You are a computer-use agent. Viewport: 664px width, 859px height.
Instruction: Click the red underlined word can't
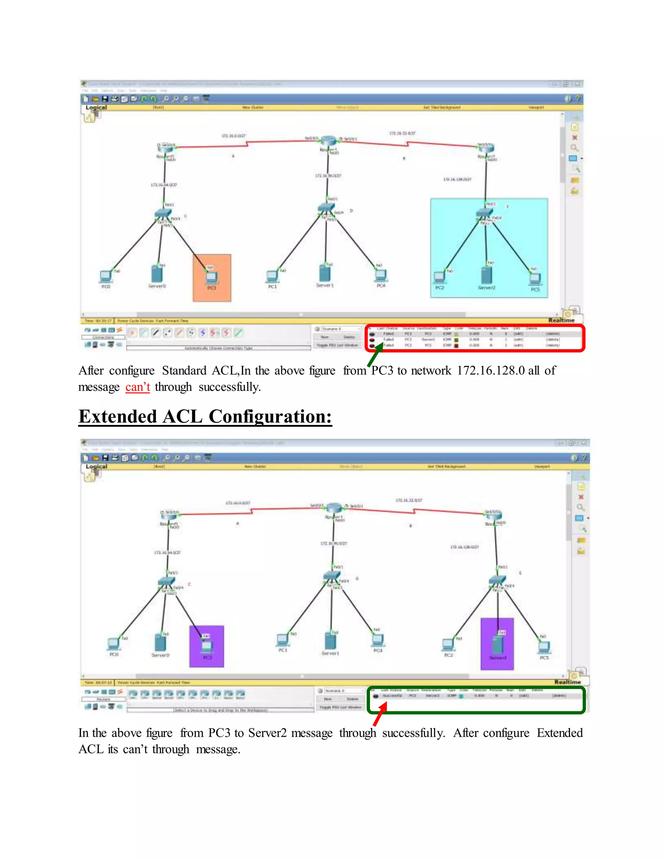pos(138,387)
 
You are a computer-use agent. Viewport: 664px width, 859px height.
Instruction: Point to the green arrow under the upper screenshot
pos(375,354)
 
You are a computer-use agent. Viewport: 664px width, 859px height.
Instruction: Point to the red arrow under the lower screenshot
pos(380,714)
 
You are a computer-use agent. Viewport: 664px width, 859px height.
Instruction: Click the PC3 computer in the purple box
pos(207,645)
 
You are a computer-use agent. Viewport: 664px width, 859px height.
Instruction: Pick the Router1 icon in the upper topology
pos(328,140)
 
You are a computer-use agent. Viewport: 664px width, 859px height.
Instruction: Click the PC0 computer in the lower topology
pos(114,643)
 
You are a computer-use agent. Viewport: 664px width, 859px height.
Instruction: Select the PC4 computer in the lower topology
pos(378,640)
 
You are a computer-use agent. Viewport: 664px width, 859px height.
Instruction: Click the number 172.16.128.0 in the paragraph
pos(491,371)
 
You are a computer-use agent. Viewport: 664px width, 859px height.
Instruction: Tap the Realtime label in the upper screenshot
pos(561,320)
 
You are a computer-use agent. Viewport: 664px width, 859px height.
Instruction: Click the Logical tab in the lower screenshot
pos(96,466)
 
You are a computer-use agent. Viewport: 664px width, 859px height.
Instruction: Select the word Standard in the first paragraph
pos(184,371)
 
